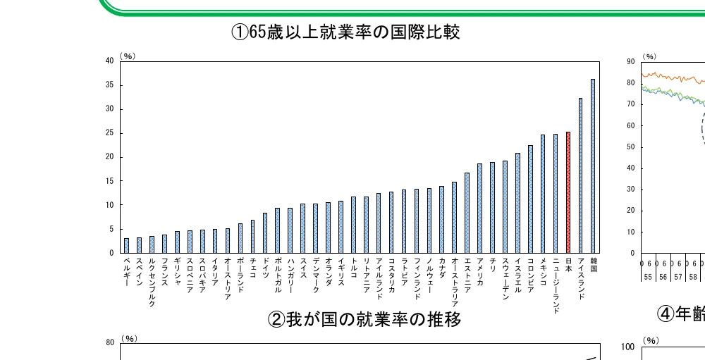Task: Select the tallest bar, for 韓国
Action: click(x=593, y=166)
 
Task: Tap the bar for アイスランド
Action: click(x=580, y=175)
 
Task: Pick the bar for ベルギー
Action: click(x=126, y=245)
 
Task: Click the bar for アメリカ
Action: click(x=479, y=208)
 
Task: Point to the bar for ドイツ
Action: click(x=265, y=232)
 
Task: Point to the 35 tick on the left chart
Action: click(x=109, y=85)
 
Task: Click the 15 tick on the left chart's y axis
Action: click(x=109, y=181)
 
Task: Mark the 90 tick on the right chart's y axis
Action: click(x=630, y=62)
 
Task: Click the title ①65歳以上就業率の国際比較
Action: click(x=346, y=32)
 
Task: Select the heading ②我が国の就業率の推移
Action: click(x=364, y=320)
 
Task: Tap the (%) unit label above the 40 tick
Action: click(x=128, y=56)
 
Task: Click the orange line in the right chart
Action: click(x=670, y=76)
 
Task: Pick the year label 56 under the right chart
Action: click(x=663, y=277)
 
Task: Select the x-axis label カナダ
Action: click(x=442, y=267)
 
